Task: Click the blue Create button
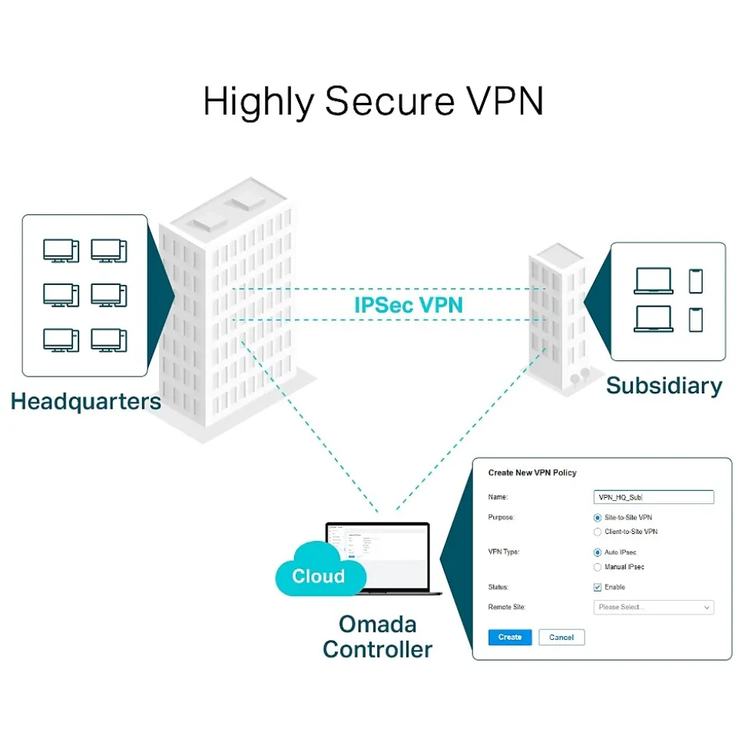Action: [x=510, y=637]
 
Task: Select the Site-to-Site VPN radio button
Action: [x=598, y=518]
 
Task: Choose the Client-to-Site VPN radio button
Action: [x=598, y=532]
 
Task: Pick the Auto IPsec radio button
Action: [x=598, y=552]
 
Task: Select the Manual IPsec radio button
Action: [x=598, y=567]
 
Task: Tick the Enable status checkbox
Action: [x=598, y=587]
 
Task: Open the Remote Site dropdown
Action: [x=654, y=608]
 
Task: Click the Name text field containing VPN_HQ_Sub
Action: [x=654, y=497]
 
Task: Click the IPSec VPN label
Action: [x=409, y=304]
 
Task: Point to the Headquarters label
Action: [x=86, y=401]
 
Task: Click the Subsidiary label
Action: [x=664, y=385]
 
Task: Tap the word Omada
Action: [x=377, y=622]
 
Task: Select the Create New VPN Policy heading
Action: [x=532, y=472]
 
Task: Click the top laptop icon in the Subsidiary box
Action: [x=653, y=281]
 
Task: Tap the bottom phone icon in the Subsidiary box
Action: [x=696, y=319]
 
